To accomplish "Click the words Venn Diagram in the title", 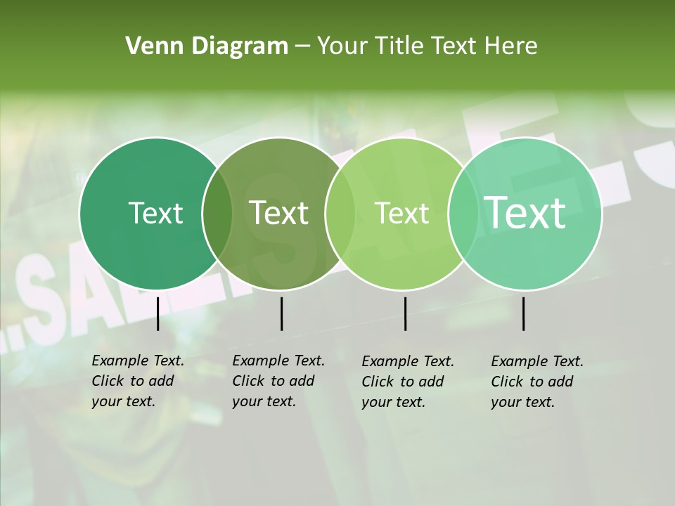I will [207, 46].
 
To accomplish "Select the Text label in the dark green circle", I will [155, 213].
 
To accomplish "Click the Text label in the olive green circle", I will [279, 213].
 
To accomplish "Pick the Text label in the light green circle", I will [402, 213].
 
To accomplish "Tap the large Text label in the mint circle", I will [525, 213].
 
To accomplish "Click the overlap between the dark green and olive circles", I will [217, 214].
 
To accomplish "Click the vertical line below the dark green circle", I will [157, 313].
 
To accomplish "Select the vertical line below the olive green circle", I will [281, 313].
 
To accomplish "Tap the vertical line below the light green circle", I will [405, 313].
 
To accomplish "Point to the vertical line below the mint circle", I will [524, 313].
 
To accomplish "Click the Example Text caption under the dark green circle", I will [137, 381].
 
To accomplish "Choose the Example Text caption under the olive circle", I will [278, 381].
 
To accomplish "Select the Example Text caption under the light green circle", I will [407, 382].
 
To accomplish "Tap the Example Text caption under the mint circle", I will [536, 382].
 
